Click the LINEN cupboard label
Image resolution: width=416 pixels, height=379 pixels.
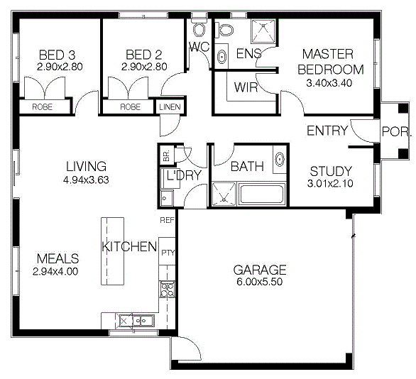coord(170,107)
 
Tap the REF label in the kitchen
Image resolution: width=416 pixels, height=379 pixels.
coord(167,220)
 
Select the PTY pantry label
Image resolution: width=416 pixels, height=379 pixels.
coord(168,253)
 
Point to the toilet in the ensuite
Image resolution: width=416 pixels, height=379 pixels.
coord(224,30)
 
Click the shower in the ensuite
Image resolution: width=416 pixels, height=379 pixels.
coord(263,31)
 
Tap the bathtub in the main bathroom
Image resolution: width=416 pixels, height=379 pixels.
coord(261,194)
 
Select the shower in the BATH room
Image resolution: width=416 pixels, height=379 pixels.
coord(224,194)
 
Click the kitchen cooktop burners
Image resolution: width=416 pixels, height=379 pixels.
coord(167,290)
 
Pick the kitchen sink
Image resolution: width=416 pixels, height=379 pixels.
coord(137,321)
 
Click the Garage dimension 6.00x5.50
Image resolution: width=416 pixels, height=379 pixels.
coord(260,282)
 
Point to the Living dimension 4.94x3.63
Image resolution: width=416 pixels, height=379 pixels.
coord(86,180)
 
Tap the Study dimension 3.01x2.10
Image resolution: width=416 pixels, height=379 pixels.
coord(330,183)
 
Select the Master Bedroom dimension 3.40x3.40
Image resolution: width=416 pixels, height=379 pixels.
coord(329,83)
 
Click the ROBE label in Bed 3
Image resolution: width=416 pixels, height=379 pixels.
coord(42,107)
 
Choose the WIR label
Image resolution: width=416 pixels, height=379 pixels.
coord(246,87)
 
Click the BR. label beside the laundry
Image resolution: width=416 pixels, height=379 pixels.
coord(166,155)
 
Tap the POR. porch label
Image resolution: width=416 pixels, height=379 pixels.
coord(396,131)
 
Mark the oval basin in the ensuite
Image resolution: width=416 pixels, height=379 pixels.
coord(221,57)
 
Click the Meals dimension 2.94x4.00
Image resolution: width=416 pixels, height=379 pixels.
coord(55,272)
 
